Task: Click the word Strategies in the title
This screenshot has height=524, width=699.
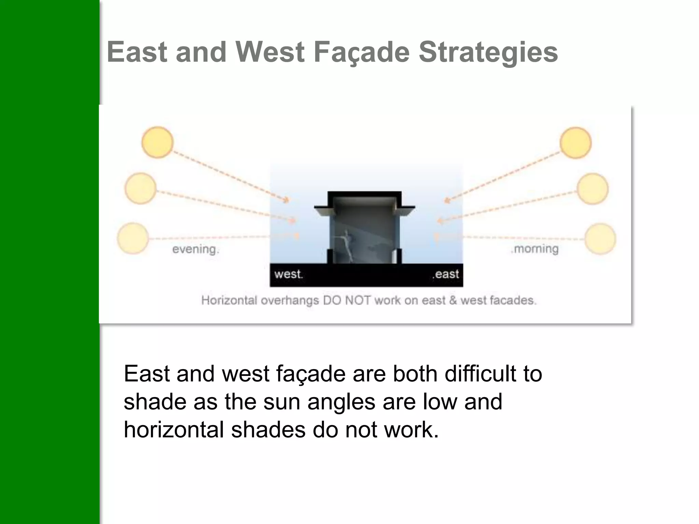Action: pyautogui.click(x=488, y=52)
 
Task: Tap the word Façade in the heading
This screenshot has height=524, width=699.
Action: pyautogui.click(x=361, y=52)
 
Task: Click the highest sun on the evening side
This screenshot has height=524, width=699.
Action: pyautogui.click(x=157, y=142)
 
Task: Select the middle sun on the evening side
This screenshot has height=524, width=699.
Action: pyautogui.click(x=140, y=188)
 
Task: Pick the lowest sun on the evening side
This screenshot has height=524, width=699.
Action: pyautogui.click(x=133, y=238)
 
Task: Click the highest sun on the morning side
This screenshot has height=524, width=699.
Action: pyautogui.click(x=575, y=143)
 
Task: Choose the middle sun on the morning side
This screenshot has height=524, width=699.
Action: pyautogui.click(x=593, y=189)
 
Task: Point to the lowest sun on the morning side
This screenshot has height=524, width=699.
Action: pyautogui.click(x=600, y=239)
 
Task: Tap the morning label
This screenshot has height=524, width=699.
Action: pyautogui.click(x=535, y=249)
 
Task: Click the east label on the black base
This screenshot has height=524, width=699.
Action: pyautogui.click(x=446, y=274)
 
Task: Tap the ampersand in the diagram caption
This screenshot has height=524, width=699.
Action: pyautogui.click(x=453, y=301)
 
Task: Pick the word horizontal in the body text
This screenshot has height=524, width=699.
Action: pyautogui.click(x=173, y=430)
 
